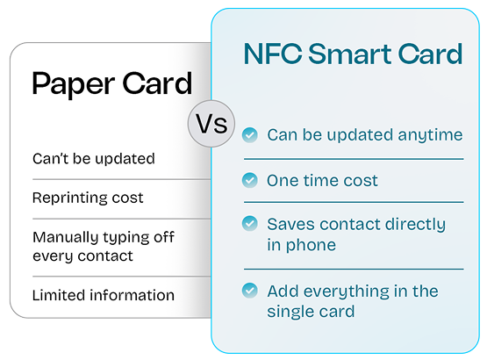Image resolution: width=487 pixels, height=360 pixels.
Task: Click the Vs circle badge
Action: (210, 124)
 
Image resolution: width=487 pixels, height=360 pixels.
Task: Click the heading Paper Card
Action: (111, 83)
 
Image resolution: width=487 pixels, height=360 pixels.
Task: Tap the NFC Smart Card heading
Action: (352, 54)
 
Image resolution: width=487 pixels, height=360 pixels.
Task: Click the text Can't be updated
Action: (93, 159)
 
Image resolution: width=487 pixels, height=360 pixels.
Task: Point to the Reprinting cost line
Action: (87, 198)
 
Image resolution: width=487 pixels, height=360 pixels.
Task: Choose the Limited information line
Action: (103, 295)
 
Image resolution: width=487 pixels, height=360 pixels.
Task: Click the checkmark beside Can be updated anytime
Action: (250, 135)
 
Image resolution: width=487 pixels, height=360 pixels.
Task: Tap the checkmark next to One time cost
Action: (250, 181)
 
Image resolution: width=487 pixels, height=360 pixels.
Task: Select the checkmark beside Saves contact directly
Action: (250, 225)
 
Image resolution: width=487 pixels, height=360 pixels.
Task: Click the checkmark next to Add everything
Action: (250, 291)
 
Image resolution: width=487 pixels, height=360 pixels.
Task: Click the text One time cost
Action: (322, 181)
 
